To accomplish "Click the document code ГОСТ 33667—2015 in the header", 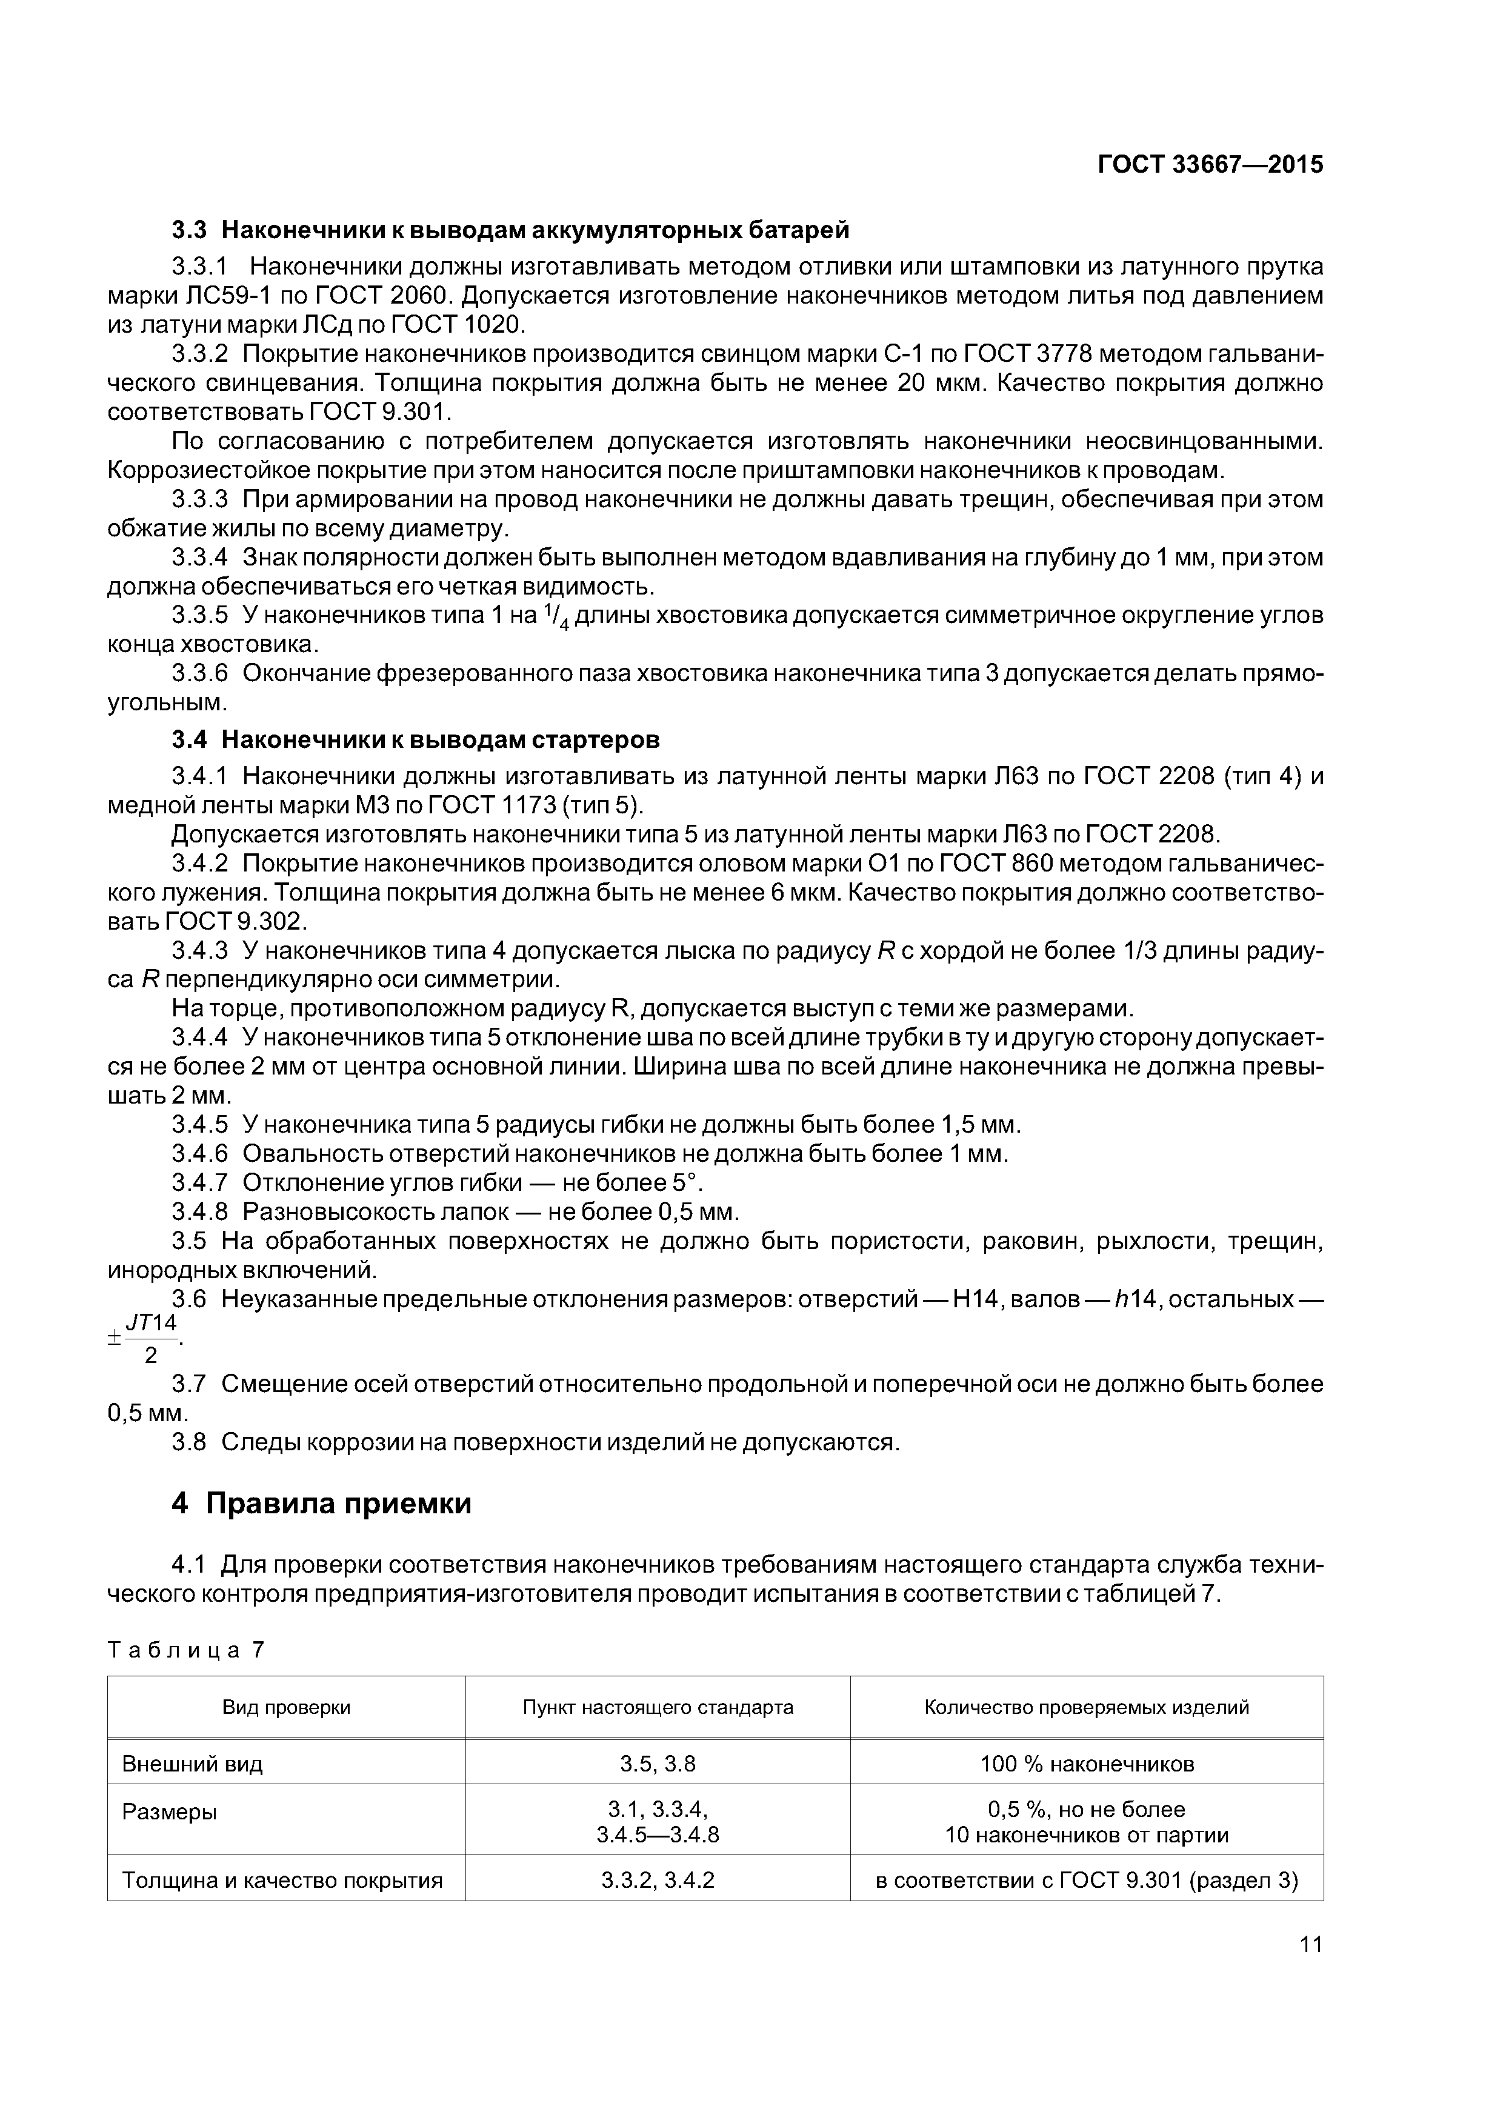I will [1210, 165].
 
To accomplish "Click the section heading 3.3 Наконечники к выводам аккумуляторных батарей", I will [510, 228].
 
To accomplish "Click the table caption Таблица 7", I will [186, 1650].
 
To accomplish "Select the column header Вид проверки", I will [286, 1707].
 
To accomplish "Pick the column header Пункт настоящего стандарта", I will [658, 1707].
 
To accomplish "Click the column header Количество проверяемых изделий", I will [1086, 1707].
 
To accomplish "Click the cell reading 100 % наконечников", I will [1086, 1764].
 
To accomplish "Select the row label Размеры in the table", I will [170, 1812].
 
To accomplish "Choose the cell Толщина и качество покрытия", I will [282, 1881].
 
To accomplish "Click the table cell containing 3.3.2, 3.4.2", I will [658, 1881].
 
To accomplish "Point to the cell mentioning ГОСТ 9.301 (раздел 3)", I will [1086, 1881].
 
